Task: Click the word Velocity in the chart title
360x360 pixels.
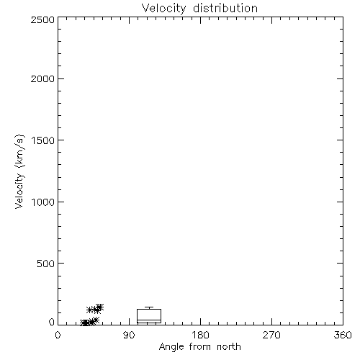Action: click(164, 9)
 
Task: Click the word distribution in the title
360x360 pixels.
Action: click(225, 8)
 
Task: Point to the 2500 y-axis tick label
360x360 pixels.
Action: click(42, 19)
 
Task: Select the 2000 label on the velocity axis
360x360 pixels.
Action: click(42, 78)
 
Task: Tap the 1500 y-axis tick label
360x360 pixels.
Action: click(43, 140)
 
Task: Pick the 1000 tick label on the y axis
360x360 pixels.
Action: click(43, 202)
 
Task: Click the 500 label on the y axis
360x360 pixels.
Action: click(46, 264)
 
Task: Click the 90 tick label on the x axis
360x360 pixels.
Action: click(129, 335)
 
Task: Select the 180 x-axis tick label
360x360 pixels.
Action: click(200, 335)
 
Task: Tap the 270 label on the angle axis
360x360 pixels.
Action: click(271, 335)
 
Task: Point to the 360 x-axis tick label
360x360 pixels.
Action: click(343, 335)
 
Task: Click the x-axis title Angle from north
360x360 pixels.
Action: click(200, 347)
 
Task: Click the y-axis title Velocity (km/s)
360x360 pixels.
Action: click(19, 171)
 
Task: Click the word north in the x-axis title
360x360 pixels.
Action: click(229, 346)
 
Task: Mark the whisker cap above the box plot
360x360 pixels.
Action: click(149, 307)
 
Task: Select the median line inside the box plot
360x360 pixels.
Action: click(149, 320)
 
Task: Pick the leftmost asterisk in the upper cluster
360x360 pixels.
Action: click(90, 310)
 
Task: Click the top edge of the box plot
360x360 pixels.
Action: click(149, 309)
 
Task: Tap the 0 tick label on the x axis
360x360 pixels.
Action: click(58, 335)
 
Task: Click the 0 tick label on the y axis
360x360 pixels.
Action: click(52, 322)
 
